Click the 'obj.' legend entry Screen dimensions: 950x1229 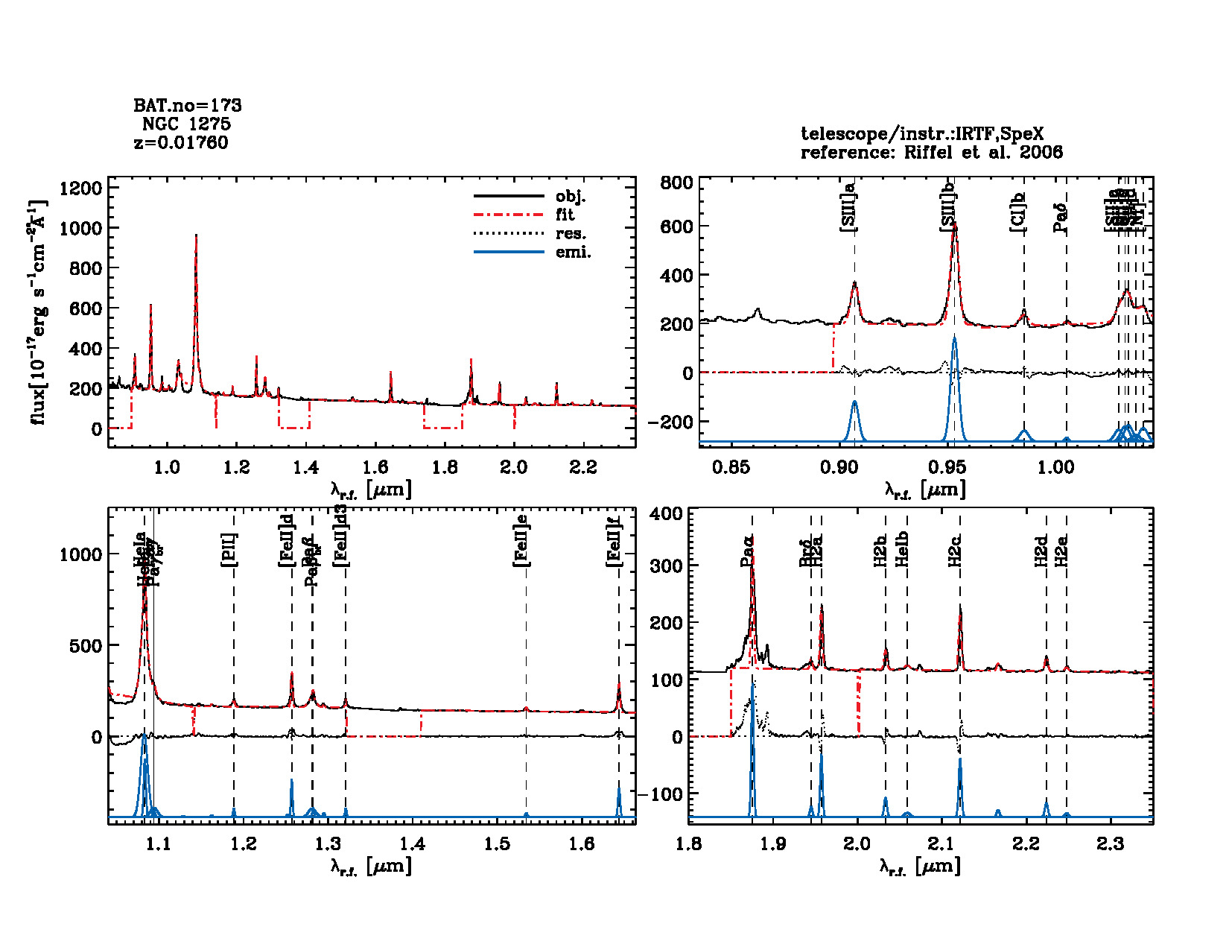(x=571, y=197)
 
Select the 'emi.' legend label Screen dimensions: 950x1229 (x=573, y=253)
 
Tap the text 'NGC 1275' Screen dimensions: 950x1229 (x=186, y=124)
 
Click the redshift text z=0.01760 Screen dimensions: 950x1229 (x=181, y=142)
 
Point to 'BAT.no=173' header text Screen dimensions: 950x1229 (x=188, y=105)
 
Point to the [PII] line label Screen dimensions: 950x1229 (x=229, y=550)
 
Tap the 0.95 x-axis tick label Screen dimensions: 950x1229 (x=947, y=467)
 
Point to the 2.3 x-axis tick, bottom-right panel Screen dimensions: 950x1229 (x=1111, y=843)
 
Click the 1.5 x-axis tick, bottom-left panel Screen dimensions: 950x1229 (x=498, y=843)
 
